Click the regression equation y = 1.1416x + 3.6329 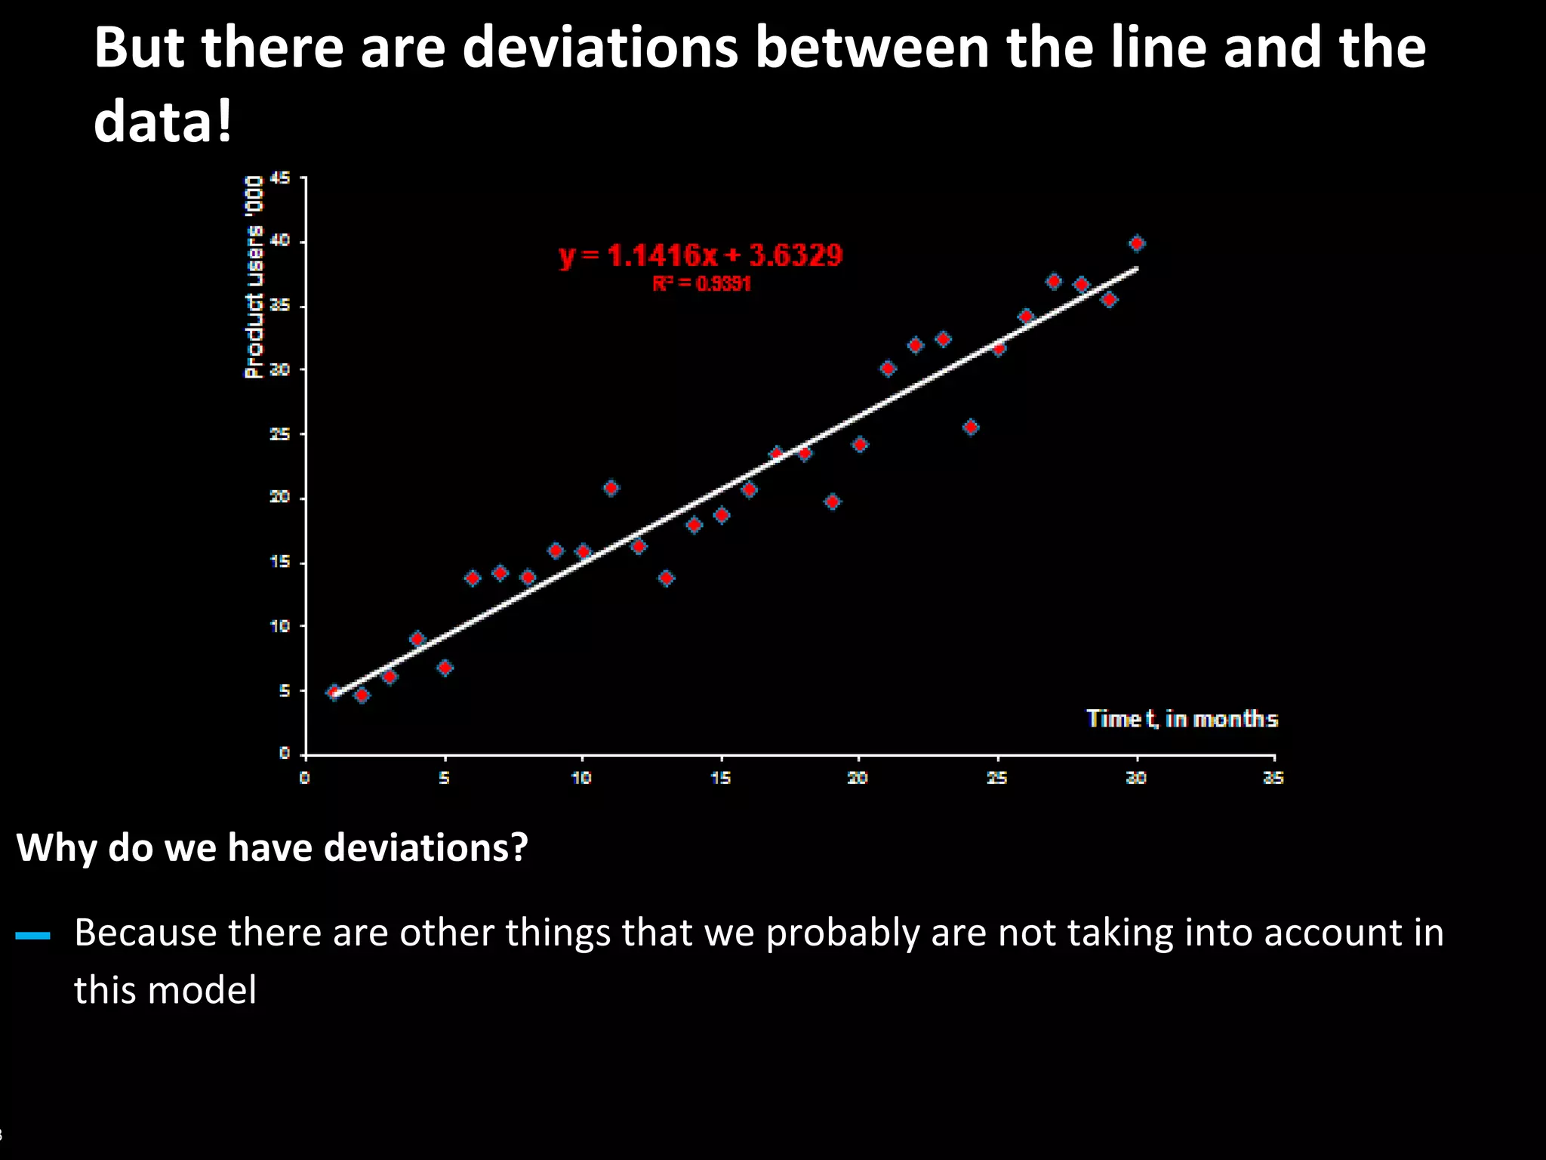point(701,256)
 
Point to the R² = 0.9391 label point(701,284)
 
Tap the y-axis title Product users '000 point(254,276)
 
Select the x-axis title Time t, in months point(1181,718)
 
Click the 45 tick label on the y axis point(280,178)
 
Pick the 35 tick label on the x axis point(1273,778)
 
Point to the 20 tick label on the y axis point(280,497)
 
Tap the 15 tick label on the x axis point(721,778)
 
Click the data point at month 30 point(1137,243)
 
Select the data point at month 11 point(611,488)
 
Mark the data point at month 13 point(666,578)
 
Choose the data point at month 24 point(971,427)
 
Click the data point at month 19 point(833,501)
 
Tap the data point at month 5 point(445,668)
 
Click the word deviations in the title point(599,47)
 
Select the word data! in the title point(162,121)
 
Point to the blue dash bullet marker point(32,936)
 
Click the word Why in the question point(57,847)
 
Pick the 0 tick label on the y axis point(285,753)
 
